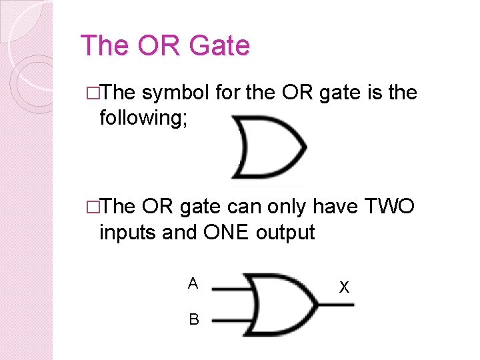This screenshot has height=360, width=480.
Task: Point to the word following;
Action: pyautogui.click(x=145, y=118)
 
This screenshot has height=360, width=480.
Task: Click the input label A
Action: pyautogui.click(x=193, y=284)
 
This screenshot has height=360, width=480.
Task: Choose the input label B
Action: pyautogui.click(x=193, y=320)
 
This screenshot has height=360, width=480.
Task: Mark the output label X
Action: pyautogui.click(x=344, y=288)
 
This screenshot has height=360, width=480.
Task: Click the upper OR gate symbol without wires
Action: pyautogui.click(x=267, y=147)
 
